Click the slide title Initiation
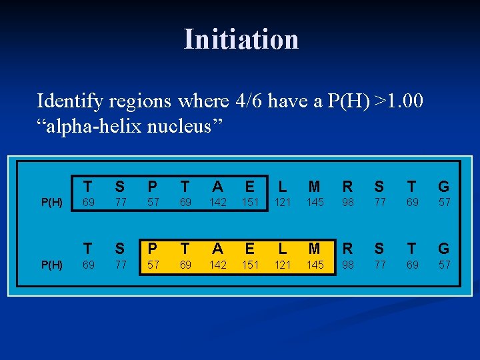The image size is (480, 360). tap(241, 39)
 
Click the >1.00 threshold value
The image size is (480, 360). tap(399, 101)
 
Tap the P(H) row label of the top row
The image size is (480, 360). tap(53, 202)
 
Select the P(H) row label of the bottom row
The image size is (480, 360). tap(53, 265)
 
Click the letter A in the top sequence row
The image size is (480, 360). tap(218, 186)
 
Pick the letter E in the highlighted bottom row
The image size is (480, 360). tap(250, 249)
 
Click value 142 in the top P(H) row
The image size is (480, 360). tap(218, 202)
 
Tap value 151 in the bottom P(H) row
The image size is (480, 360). tap(250, 265)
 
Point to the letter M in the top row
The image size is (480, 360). tap(315, 186)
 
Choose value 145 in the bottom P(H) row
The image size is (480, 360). tap(315, 265)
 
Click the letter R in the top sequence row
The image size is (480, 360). tap(347, 186)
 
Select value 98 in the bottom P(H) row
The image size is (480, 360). tap(347, 265)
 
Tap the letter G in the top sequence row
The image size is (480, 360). tap(444, 186)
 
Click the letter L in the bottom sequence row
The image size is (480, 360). tap(283, 249)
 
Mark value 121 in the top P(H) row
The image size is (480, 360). tap(283, 202)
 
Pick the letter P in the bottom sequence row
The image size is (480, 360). tap(153, 249)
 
